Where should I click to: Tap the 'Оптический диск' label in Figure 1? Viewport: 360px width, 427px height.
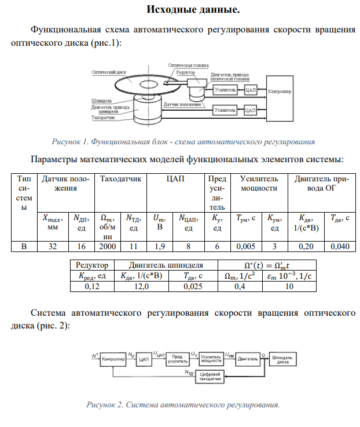click(106, 72)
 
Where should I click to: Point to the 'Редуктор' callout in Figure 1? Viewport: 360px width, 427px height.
click(186, 72)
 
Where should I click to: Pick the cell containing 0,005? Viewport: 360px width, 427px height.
click(245, 247)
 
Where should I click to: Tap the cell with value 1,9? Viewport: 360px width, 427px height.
click(157, 247)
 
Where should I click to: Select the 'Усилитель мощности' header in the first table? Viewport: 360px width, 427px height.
click(259, 184)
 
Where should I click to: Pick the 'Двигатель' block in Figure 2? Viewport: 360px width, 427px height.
click(248, 359)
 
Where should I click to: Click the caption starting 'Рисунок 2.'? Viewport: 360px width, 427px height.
click(182, 404)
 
